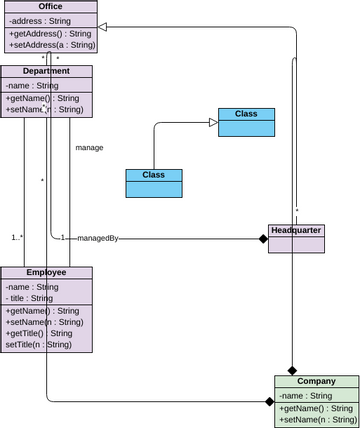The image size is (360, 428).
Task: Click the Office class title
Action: coord(50,7)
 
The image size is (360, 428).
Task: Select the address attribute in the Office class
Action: coord(42,19)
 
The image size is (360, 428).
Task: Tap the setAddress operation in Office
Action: coord(52,45)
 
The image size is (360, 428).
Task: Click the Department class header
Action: coord(46,71)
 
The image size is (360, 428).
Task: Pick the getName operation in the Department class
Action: coord(42,98)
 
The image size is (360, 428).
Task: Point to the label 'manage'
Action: coord(89,147)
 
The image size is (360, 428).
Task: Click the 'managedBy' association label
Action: coord(98,238)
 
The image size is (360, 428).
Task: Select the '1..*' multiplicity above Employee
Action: coord(18,238)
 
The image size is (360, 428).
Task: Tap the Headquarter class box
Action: coord(296,237)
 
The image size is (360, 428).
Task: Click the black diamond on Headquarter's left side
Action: coord(263,238)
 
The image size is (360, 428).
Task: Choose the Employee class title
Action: coord(46,272)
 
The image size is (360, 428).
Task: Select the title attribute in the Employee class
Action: coord(30,298)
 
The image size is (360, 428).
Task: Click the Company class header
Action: coord(316,381)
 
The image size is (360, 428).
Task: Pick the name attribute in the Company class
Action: coord(310,395)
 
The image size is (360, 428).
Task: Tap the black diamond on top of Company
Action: coord(292,370)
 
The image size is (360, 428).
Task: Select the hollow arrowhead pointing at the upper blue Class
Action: coord(212,122)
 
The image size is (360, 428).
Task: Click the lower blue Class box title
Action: coord(153,175)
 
